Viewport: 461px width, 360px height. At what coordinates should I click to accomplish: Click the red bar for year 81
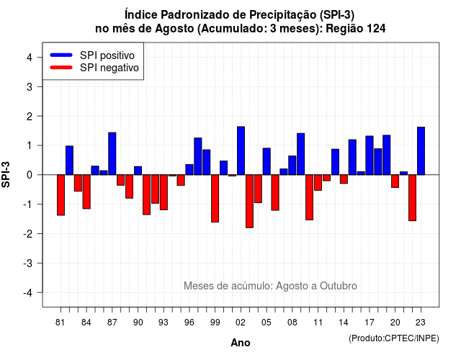coord(61,195)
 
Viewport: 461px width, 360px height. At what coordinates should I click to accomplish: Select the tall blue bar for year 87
coord(112,153)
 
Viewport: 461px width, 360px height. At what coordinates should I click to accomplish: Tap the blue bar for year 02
coord(241,150)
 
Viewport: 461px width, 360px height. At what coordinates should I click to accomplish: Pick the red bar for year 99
coord(215,199)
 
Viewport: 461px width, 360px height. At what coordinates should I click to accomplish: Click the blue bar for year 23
coord(421,151)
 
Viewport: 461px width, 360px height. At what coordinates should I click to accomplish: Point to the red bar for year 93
coord(164,192)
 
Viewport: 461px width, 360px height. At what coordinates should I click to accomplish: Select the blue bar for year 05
coord(267,161)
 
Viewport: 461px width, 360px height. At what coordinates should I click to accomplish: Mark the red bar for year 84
coord(86,192)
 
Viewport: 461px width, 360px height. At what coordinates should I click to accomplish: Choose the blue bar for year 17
coord(370,156)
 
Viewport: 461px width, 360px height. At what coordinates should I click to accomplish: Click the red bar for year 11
coord(318,182)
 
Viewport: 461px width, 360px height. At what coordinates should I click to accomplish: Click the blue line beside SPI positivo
coord(61,55)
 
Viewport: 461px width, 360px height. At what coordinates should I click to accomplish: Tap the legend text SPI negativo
coord(109,68)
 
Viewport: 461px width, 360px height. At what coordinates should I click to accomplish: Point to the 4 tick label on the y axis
coord(30,58)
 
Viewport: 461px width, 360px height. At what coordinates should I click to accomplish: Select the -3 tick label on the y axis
coord(28,264)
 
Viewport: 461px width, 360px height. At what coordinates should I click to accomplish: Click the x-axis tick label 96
coord(189,323)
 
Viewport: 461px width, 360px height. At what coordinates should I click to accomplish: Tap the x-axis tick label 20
coord(395,323)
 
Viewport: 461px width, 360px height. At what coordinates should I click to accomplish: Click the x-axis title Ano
coord(241,343)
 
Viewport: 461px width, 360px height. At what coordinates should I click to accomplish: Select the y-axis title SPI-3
coord(6,174)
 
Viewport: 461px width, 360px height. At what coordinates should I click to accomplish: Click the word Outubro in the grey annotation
coord(339,286)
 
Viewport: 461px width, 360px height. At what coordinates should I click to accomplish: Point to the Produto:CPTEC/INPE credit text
coord(394,338)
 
